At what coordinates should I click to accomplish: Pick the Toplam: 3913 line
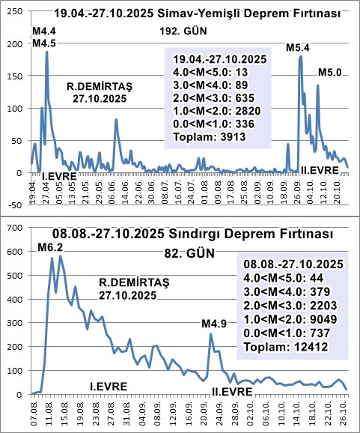point(205,138)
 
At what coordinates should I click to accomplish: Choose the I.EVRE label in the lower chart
point(109,386)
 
